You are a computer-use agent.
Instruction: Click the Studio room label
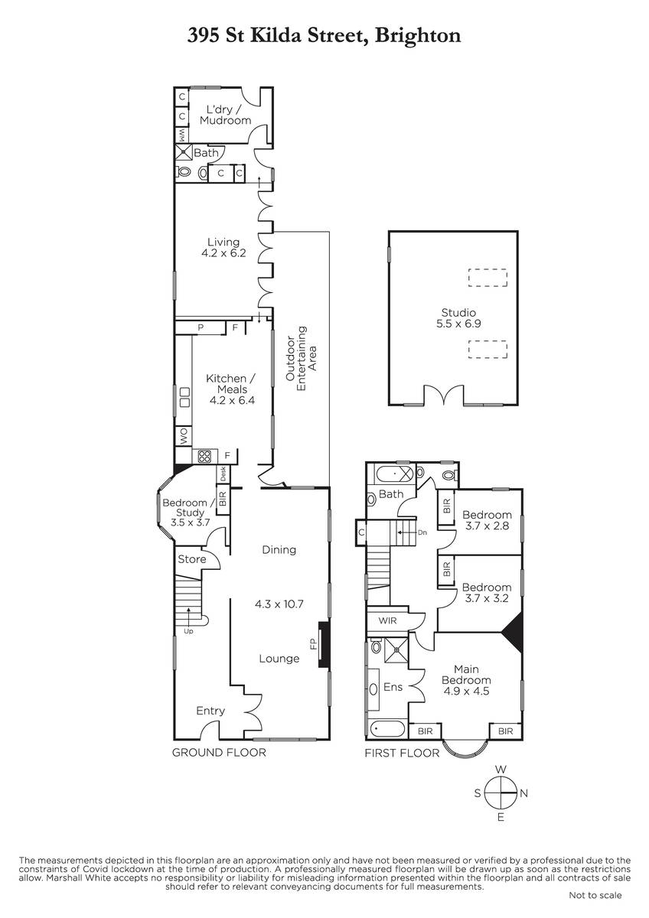pyautogui.click(x=458, y=312)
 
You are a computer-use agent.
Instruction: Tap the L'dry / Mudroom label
pyautogui.click(x=225, y=115)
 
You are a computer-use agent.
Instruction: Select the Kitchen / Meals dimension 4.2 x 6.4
pyautogui.click(x=232, y=400)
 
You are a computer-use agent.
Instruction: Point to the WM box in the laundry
pyautogui.click(x=181, y=134)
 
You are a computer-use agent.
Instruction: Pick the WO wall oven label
pyautogui.click(x=184, y=436)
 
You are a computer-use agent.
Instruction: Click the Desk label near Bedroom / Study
pyautogui.click(x=223, y=474)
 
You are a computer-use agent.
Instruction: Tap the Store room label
pyautogui.click(x=192, y=559)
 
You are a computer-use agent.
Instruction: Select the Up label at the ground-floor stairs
pyautogui.click(x=188, y=631)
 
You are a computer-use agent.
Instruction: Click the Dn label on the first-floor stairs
pyautogui.click(x=422, y=532)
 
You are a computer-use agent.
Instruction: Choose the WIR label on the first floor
pyautogui.click(x=387, y=620)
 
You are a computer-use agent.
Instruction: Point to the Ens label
pyautogui.click(x=393, y=687)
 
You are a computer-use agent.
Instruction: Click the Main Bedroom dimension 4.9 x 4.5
pyautogui.click(x=467, y=691)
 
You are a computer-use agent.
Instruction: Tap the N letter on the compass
pyautogui.click(x=523, y=793)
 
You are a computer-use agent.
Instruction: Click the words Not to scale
pyautogui.click(x=595, y=896)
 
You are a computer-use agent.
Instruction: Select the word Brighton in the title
pyautogui.click(x=418, y=36)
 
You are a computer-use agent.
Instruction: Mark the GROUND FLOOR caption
pyautogui.click(x=219, y=753)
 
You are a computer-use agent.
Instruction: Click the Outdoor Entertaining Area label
pyautogui.click(x=302, y=360)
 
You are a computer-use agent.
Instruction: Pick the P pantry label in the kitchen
pyautogui.click(x=201, y=327)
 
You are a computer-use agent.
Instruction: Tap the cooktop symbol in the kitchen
pyautogui.click(x=204, y=456)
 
